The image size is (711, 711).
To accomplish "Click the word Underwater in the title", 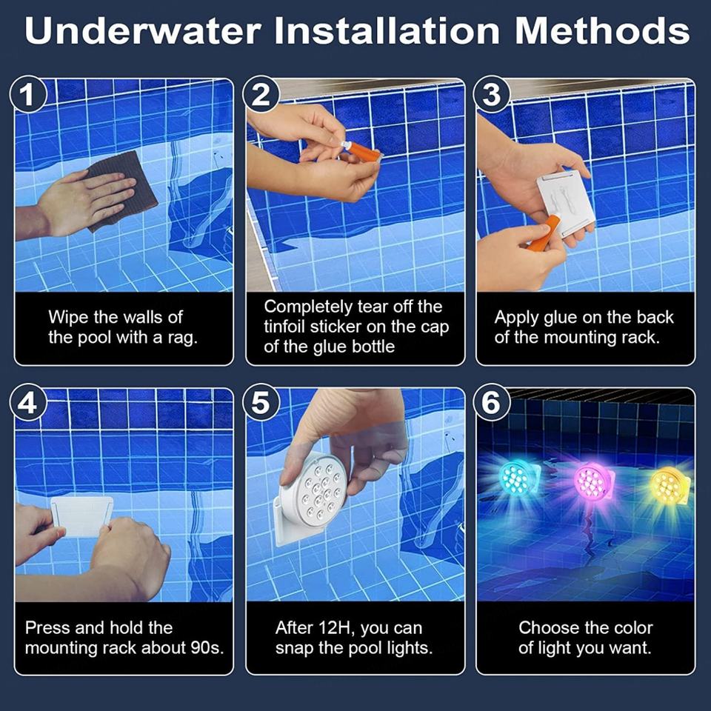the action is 143,31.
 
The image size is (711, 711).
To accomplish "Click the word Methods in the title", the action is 601,31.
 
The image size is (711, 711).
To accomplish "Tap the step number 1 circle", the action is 28,95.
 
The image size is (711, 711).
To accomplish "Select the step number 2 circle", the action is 260,95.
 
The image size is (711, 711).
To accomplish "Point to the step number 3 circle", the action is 492,95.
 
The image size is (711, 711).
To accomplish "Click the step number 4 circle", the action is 28,402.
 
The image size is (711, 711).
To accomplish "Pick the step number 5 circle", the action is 260,402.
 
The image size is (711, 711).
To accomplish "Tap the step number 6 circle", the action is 492,402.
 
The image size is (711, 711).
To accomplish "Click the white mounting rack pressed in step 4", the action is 81,515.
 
